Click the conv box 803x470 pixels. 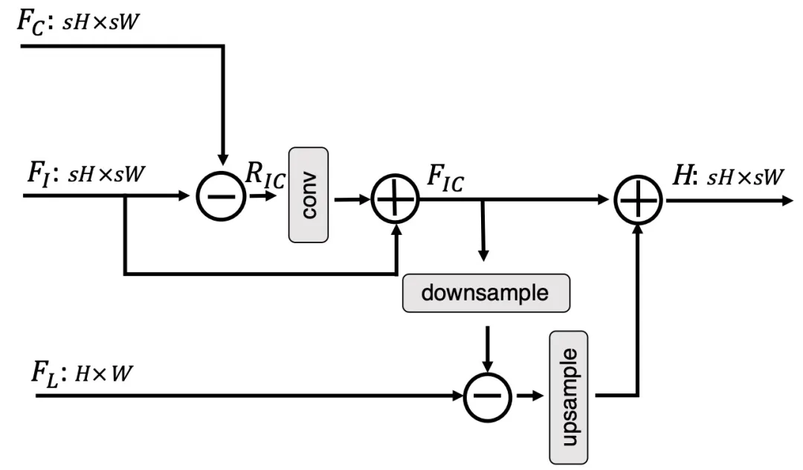pyautogui.click(x=309, y=194)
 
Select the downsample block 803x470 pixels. pyautogui.click(x=485, y=292)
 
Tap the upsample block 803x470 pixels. pyautogui.click(x=570, y=396)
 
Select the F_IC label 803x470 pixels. pyautogui.click(x=444, y=179)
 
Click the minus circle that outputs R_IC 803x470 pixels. pyautogui.click(x=221, y=198)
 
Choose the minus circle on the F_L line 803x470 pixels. pyautogui.click(x=488, y=396)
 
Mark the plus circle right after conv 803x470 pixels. pyautogui.click(x=396, y=200)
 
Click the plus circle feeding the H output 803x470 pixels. pyautogui.click(x=639, y=200)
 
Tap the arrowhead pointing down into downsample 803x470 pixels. pyautogui.click(x=483, y=255)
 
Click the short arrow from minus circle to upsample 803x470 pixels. pyautogui.click(x=529, y=396)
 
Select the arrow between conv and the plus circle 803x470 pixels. pyautogui.click(x=353, y=199)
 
